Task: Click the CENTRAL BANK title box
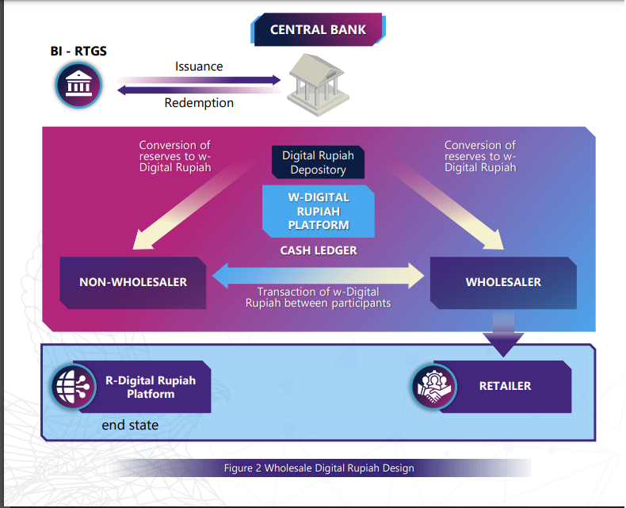pyautogui.click(x=318, y=30)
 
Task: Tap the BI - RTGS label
pyautogui.click(x=78, y=52)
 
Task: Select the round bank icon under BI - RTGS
pyautogui.click(x=78, y=85)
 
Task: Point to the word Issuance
pyautogui.click(x=199, y=67)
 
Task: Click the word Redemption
pyautogui.click(x=199, y=102)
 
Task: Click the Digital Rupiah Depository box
pyautogui.click(x=318, y=162)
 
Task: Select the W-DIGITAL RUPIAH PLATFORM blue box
pyautogui.click(x=317, y=210)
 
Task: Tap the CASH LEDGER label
pyautogui.click(x=319, y=250)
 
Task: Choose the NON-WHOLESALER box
pyautogui.click(x=133, y=282)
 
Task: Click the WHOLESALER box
pyautogui.click(x=503, y=282)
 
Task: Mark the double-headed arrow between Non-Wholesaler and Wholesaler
pyautogui.click(x=318, y=276)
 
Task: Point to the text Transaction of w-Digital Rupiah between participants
pyautogui.click(x=318, y=298)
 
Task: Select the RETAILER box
pyautogui.click(x=505, y=387)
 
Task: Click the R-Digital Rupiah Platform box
pyautogui.click(x=151, y=387)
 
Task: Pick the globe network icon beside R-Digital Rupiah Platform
pyautogui.click(x=74, y=387)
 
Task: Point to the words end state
pyautogui.click(x=130, y=426)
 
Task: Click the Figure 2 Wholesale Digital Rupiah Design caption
pyautogui.click(x=319, y=468)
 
